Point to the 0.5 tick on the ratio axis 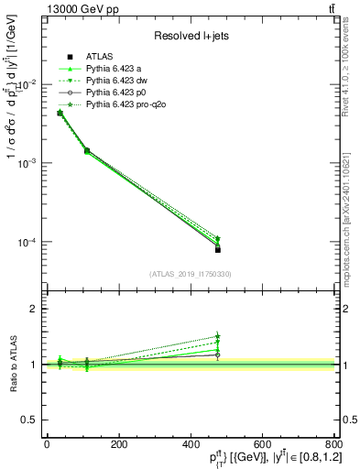(x=31, y=420)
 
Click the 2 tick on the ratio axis (x=35, y=309)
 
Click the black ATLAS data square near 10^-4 (x=218, y=249)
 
